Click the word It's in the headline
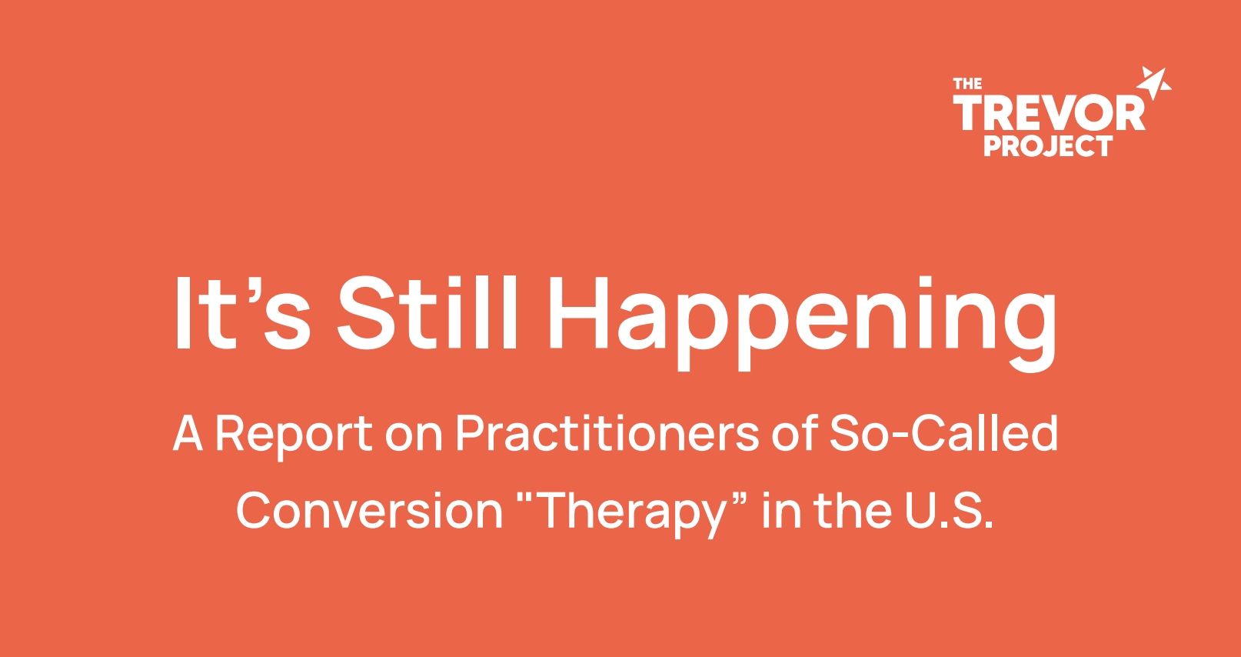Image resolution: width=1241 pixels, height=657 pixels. tap(243, 312)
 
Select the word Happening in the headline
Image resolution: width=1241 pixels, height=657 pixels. tap(802, 322)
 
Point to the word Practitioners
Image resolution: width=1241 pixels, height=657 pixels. tap(607, 433)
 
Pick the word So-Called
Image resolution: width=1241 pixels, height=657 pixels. tap(944, 432)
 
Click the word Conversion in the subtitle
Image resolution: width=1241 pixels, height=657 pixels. tap(370, 509)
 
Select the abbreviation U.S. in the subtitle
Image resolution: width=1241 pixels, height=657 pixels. tap(949, 510)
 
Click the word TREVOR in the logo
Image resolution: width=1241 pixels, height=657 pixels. tap(1049, 112)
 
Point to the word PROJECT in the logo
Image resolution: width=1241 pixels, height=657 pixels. tap(1048, 146)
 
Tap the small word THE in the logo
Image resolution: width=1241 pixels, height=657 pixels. tap(967, 84)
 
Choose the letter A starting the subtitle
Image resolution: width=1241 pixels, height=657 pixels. tap(188, 433)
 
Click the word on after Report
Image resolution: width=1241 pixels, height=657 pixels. tap(414, 438)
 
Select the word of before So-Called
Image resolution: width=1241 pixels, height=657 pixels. tap(794, 433)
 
